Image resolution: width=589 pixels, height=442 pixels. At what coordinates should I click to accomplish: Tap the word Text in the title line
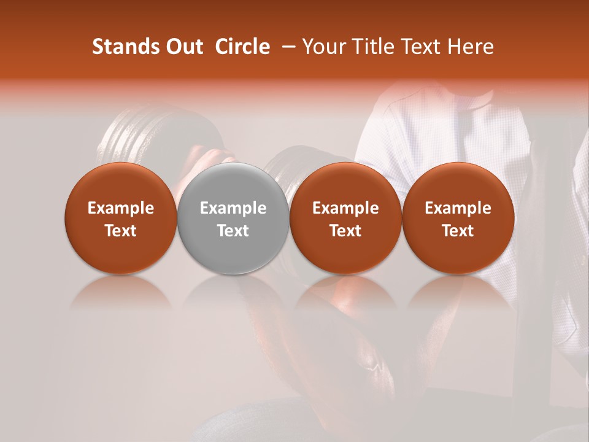pyautogui.click(x=420, y=47)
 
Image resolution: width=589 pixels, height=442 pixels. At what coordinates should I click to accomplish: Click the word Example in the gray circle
pyautogui.click(x=233, y=209)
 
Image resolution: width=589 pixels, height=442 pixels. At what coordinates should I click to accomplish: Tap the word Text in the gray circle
pyautogui.click(x=233, y=231)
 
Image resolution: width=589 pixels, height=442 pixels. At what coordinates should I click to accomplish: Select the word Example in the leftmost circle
pyautogui.click(x=121, y=209)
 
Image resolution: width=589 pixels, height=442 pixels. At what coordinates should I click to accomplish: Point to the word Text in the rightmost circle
pyautogui.click(x=458, y=231)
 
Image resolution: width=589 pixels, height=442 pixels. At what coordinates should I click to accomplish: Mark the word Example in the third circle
pyautogui.click(x=345, y=209)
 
